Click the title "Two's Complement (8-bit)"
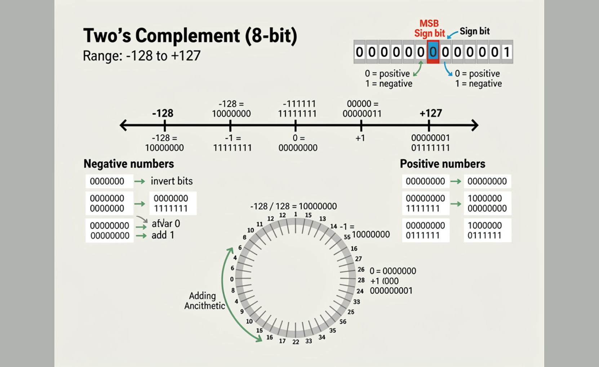point(190,36)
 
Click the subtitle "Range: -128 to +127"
point(142,56)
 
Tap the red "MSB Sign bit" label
point(429,28)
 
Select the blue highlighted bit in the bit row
point(433,52)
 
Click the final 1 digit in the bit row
point(507,52)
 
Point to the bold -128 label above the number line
point(163,113)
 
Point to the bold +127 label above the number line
point(431,113)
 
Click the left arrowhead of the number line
point(123,125)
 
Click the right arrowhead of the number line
point(475,125)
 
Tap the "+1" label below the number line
point(360,138)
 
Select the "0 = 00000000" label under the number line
point(298,143)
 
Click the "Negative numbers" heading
point(129,164)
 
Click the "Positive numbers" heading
point(442,164)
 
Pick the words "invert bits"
point(172,181)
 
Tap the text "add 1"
point(163,235)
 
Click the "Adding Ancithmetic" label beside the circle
point(204,301)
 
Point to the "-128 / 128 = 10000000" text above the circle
point(293,206)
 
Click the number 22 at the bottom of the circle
point(296,342)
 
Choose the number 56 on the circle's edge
point(343,322)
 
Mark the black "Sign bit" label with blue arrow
point(474,31)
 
